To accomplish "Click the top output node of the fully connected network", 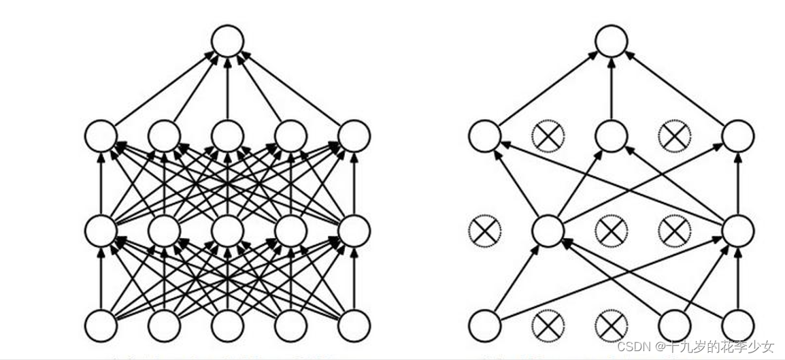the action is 227,41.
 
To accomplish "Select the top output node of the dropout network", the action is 611,41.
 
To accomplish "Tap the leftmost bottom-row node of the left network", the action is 101,325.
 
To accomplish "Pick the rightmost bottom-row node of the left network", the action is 354,325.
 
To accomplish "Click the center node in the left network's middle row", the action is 227,231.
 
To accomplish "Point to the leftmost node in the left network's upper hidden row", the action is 101,136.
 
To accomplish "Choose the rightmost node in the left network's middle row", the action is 354,231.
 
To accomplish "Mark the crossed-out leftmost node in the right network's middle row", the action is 484,231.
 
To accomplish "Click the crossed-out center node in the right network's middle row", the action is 611,231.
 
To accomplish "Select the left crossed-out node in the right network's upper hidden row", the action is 548,136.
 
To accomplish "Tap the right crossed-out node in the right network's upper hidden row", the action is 675,136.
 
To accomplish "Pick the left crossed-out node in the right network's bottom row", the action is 548,325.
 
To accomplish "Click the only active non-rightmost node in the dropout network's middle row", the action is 548,231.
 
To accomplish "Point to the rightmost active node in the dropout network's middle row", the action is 738,231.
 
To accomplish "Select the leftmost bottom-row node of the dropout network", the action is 484,325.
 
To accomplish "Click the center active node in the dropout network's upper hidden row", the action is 611,136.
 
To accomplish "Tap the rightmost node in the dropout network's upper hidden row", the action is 738,136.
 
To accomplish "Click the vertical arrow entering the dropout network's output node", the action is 611,88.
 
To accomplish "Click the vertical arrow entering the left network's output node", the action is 227,88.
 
